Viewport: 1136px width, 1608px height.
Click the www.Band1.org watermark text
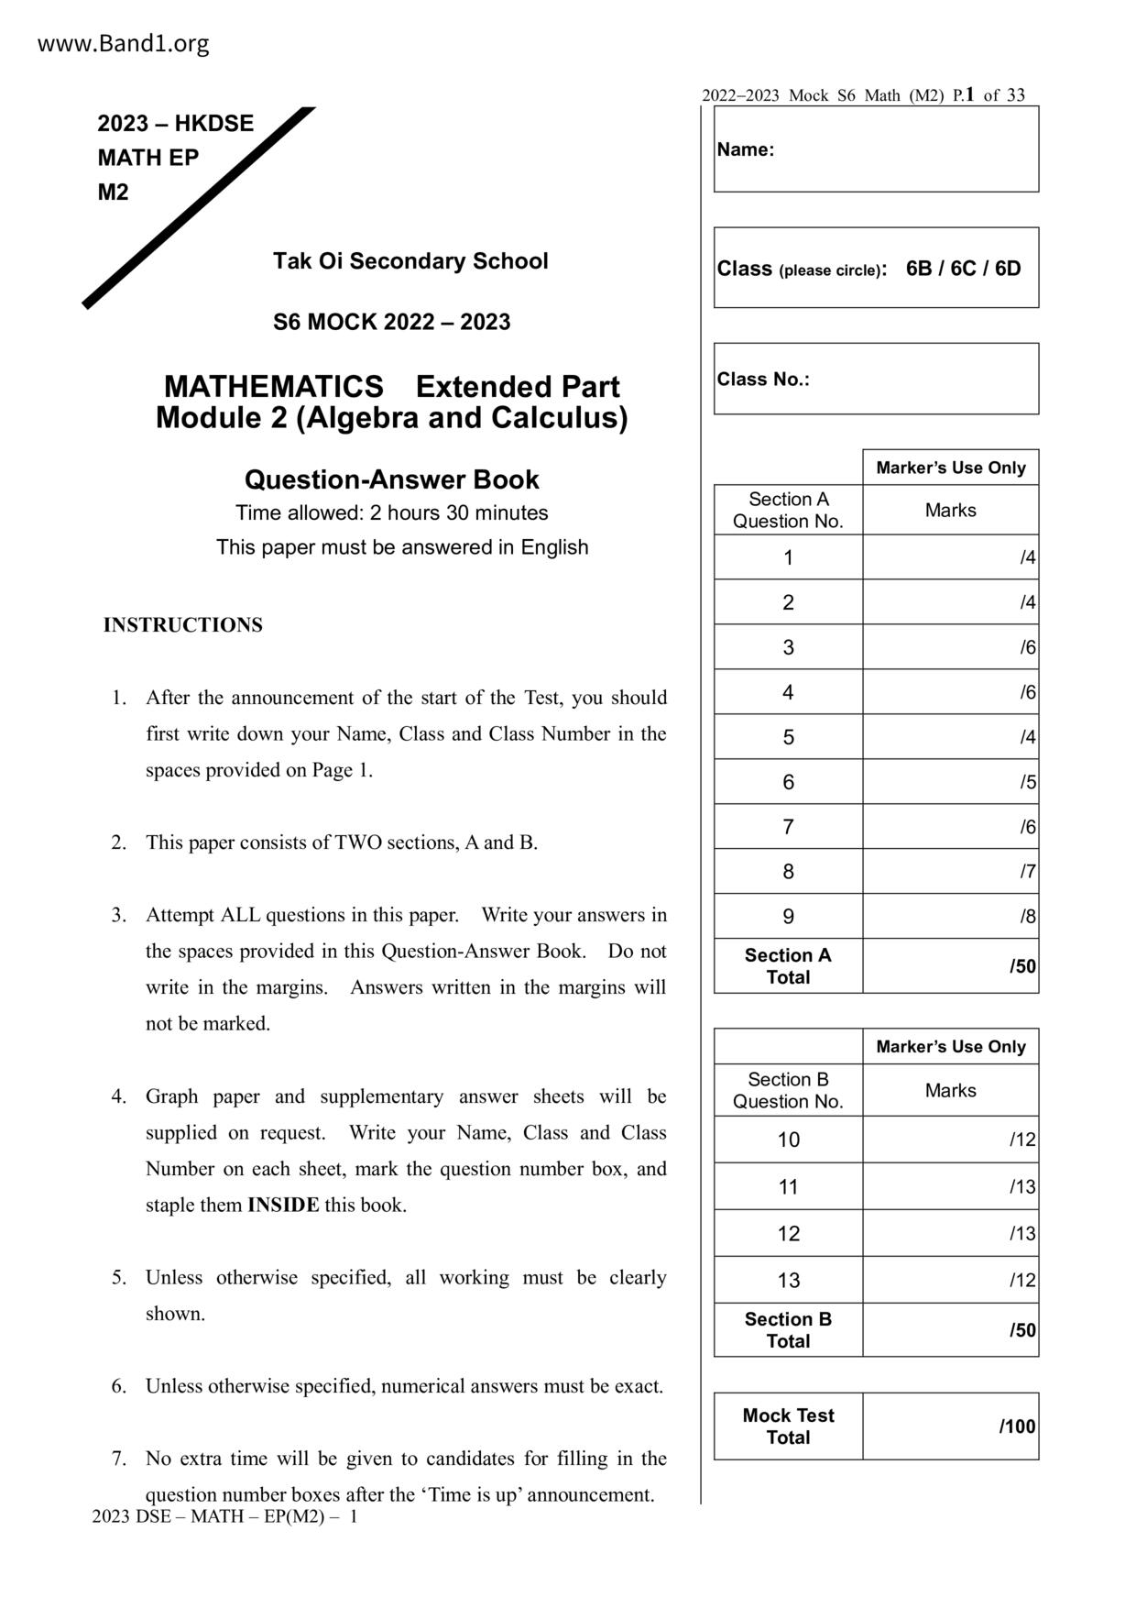tap(123, 44)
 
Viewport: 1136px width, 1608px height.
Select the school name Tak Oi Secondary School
tap(410, 261)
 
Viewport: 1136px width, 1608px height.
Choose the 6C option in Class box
tap(963, 269)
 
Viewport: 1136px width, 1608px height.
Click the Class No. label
tap(763, 380)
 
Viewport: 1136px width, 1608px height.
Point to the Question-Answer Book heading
tap(391, 479)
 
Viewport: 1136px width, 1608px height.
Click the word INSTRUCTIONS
tap(182, 625)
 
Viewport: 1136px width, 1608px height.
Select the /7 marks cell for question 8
tap(950, 872)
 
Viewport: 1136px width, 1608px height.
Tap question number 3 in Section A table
tap(788, 648)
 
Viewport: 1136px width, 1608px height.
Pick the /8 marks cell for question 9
tap(950, 917)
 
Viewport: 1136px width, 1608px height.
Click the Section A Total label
tap(788, 966)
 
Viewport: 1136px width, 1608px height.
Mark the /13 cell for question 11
tap(950, 1187)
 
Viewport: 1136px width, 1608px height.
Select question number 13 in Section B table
tap(788, 1281)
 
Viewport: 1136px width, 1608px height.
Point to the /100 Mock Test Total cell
tap(950, 1426)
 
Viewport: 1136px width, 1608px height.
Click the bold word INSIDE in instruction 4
tap(283, 1206)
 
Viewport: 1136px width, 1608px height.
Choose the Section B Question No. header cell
tap(788, 1091)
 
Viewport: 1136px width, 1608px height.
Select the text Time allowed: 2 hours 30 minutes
tap(391, 513)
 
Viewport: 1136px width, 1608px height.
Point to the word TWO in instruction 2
tap(353, 843)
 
